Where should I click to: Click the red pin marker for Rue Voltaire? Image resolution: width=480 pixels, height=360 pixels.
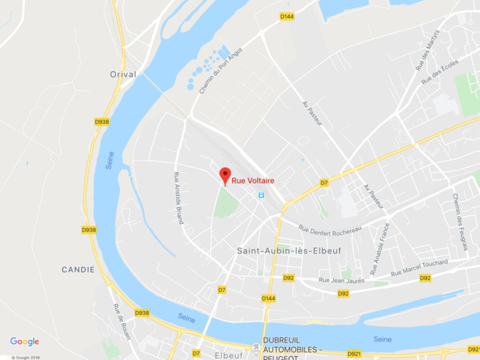tap(225, 175)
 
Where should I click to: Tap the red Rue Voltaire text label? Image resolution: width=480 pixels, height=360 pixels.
tap(253, 181)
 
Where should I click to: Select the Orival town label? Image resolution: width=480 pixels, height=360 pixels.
tap(122, 74)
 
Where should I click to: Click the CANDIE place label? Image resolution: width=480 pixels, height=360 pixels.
tap(77, 269)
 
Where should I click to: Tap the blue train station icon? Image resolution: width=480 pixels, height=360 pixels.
tap(261, 196)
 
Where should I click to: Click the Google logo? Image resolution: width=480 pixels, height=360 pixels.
tap(24, 341)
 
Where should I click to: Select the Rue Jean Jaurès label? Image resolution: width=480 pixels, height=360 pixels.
tap(342, 280)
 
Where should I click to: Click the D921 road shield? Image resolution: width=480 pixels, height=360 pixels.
tap(354, 353)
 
